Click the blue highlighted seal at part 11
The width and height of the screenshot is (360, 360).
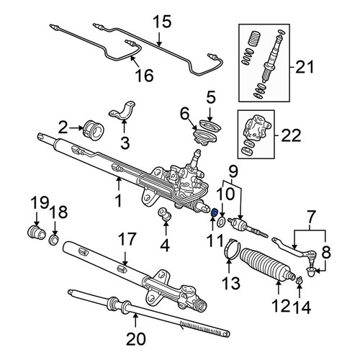point(215,212)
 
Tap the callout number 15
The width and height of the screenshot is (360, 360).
point(162,22)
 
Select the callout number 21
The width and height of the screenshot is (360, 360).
point(305,67)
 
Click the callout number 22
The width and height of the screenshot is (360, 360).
point(291,135)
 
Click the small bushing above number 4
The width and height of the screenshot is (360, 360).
point(165,214)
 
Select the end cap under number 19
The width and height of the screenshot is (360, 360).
point(36,233)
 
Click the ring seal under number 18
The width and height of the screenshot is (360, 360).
point(54,240)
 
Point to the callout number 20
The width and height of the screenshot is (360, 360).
point(136,339)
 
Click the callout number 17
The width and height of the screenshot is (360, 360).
point(127,239)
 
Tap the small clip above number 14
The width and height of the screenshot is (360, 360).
point(299,280)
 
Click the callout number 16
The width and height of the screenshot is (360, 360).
point(144,75)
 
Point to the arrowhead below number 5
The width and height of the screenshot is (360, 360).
point(210,119)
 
